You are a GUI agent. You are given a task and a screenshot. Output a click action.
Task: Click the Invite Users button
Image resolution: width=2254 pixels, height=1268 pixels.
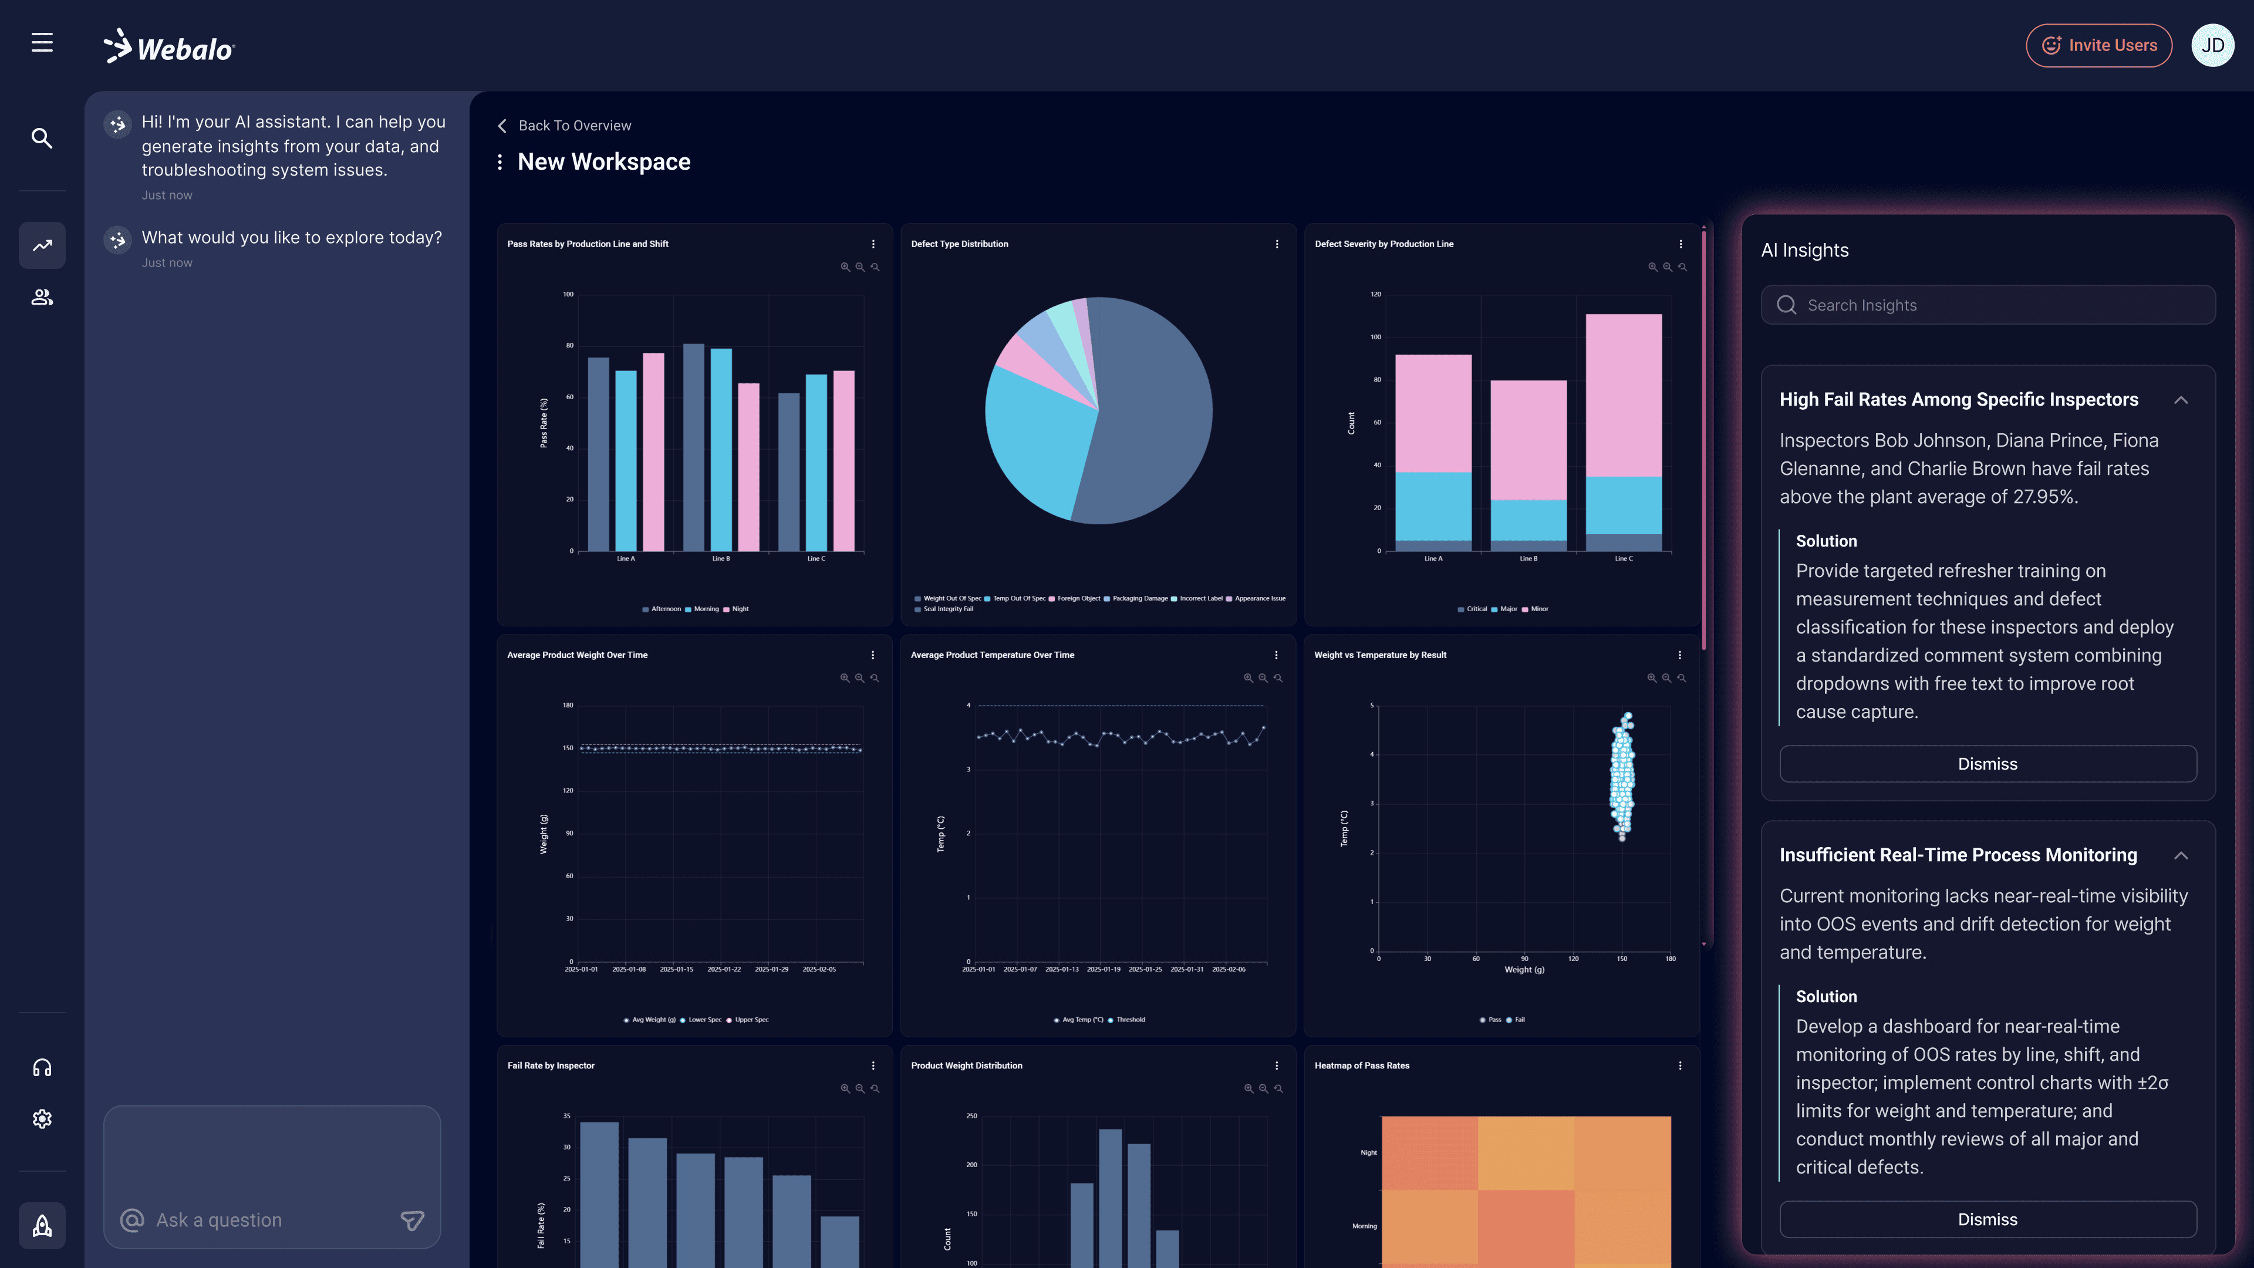click(x=2098, y=46)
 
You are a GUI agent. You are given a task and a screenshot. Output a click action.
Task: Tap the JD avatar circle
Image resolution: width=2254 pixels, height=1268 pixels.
click(x=2212, y=46)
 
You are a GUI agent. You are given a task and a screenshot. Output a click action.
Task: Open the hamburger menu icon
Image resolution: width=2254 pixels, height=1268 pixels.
click(x=42, y=42)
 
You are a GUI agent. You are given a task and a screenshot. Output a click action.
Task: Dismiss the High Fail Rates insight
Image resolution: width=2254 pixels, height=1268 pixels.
click(x=1987, y=764)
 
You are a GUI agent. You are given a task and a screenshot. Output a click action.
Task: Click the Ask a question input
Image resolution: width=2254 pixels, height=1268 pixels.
click(x=262, y=1220)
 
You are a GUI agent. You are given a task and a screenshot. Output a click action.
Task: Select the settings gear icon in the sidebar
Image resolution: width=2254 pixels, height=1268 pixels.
click(x=42, y=1119)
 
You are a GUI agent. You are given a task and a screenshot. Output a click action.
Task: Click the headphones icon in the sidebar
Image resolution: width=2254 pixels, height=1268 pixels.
click(x=42, y=1068)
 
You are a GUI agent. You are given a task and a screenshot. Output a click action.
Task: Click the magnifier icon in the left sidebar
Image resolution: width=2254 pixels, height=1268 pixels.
click(x=42, y=139)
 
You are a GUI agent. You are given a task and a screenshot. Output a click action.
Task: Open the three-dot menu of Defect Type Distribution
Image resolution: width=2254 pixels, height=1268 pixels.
click(x=1277, y=244)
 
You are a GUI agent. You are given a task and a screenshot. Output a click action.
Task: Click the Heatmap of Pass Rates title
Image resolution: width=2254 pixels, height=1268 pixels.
click(x=1362, y=1066)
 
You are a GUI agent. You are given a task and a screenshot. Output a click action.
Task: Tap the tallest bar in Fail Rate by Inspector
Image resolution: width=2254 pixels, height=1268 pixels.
click(x=599, y=1190)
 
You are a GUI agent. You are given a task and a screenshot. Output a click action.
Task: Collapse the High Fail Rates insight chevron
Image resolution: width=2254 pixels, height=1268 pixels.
click(x=2181, y=400)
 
